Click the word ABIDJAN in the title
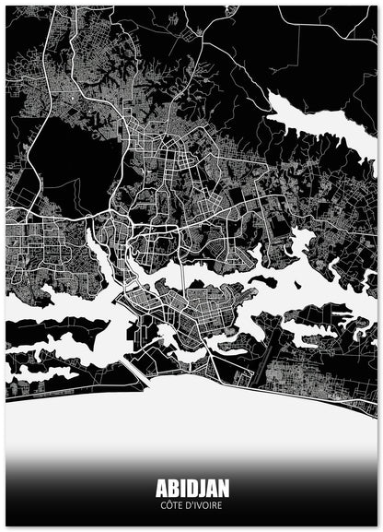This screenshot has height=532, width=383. point(191,487)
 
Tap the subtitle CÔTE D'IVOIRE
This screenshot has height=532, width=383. point(191,505)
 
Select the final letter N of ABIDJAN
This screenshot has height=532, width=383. point(224,487)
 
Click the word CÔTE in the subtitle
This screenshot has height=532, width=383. point(170,505)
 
